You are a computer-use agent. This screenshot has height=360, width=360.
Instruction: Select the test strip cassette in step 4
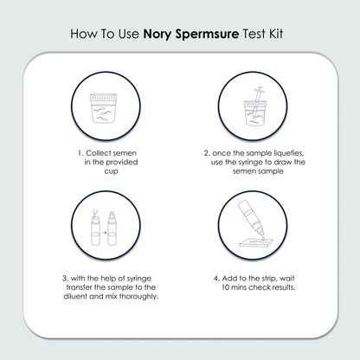click(x=264, y=250)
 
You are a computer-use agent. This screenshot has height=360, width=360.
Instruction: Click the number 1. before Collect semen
click(x=80, y=155)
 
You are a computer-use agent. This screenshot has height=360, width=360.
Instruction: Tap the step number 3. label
click(x=66, y=278)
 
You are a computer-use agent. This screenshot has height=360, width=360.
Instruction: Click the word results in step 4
click(x=279, y=288)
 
